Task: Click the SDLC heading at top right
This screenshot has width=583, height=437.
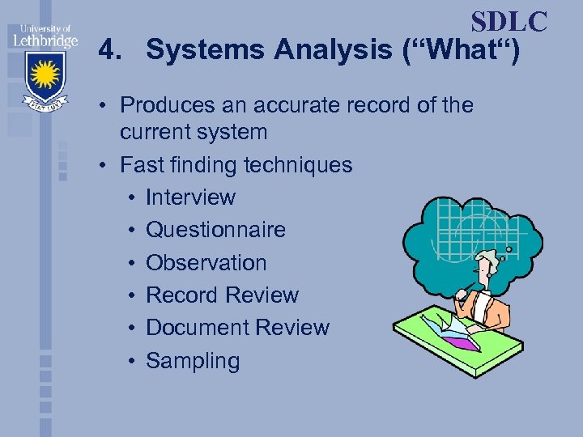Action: (x=509, y=21)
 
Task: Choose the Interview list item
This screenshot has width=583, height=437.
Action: (x=190, y=197)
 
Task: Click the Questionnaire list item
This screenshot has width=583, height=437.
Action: (x=215, y=230)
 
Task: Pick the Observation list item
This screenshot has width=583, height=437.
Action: (x=206, y=263)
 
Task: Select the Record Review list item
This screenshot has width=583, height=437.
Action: (x=222, y=295)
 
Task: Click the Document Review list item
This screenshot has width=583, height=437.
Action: (x=237, y=328)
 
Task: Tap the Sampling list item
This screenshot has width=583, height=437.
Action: (x=193, y=361)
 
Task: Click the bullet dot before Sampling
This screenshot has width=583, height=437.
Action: (x=131, y=361)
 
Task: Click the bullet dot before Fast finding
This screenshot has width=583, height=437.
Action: (x=106, y=165)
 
